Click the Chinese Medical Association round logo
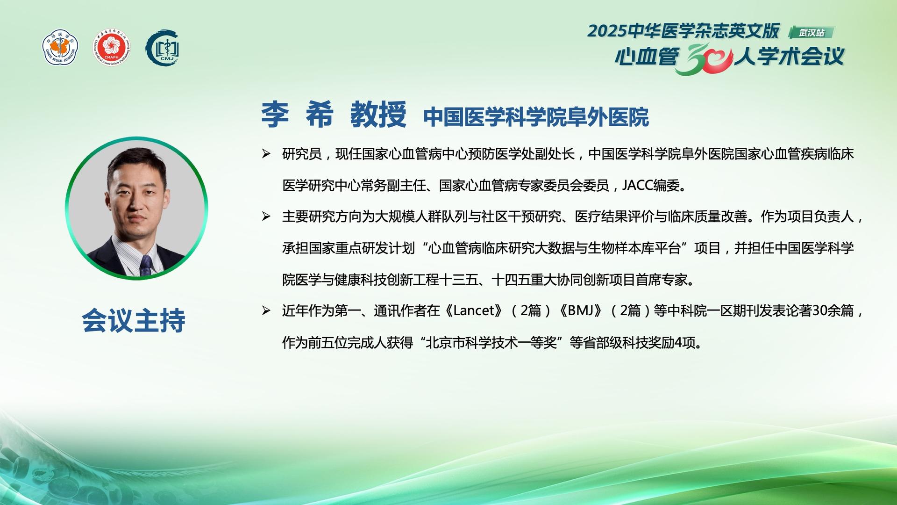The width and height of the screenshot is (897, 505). pos(60,48)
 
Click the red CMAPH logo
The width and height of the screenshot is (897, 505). pos(112,48)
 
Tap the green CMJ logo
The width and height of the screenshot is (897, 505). pos(163,48)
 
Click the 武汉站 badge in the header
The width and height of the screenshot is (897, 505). pos(812,32)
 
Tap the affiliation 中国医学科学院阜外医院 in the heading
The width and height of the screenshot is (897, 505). pos(536,117)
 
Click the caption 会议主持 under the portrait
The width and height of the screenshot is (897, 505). pos(134,320)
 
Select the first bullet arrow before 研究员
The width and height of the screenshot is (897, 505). pos(266,154)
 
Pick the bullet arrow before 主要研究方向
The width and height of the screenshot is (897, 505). pos(266,216)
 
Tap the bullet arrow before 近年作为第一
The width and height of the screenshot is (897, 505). pos(266,310)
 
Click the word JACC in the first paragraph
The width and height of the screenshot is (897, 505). pos(637,186)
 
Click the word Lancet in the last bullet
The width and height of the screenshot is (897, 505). pos(474,310)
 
